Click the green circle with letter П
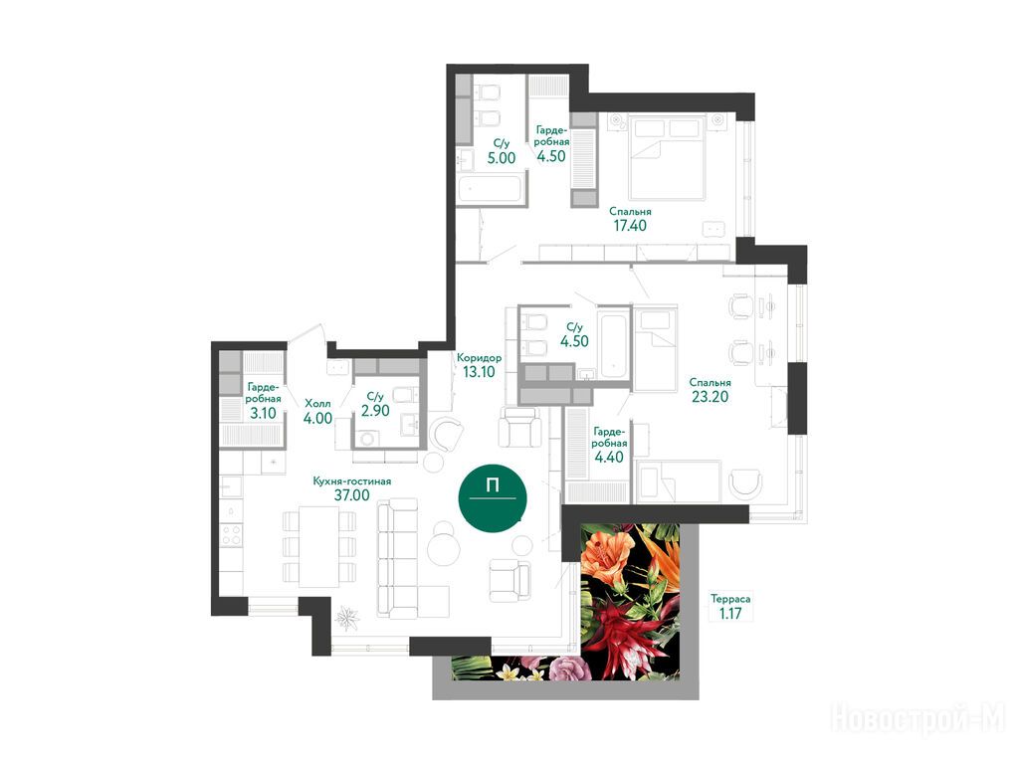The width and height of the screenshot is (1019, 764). (x=492, y=498)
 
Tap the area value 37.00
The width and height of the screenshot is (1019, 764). (x=351, y=495)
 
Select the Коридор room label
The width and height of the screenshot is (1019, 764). (x=479, y=358)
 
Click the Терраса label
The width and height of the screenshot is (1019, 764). (x=730, y=599)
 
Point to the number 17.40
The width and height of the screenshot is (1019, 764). (x=630, y=226)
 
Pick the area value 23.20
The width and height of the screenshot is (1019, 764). (x=710, y=396)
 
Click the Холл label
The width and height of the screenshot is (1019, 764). (x=317, y=404)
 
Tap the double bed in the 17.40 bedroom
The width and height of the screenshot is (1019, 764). (x=667, y=157)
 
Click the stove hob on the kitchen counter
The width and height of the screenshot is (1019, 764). (x=231, y=535)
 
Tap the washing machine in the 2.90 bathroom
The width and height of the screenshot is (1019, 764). (x=368, y=439)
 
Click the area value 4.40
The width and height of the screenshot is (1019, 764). (x=609, y=457)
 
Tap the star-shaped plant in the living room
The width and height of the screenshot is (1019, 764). (x=346, y=618)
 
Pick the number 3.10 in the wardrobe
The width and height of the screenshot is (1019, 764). (x=263, y=413)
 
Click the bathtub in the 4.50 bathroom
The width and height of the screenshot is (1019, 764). (x=614, y=345)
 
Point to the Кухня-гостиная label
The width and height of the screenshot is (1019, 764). (x=351, y=480)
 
